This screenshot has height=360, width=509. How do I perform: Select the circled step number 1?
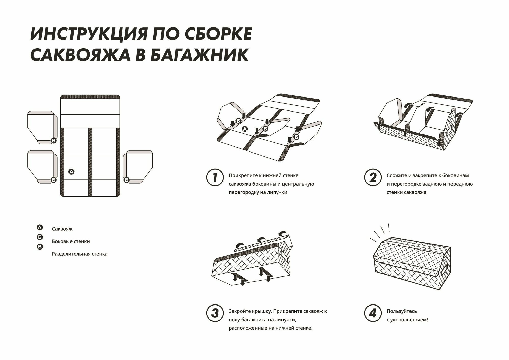[x=215, y=177]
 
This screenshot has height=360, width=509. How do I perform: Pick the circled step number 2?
[x=373, y=177]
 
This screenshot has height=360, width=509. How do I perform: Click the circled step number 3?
[x=215, y=313]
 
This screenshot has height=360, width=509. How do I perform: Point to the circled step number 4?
[x=373, y=313]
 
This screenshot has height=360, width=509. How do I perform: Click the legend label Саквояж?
[x=62, y=229]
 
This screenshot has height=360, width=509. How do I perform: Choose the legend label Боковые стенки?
[x=71, y=241]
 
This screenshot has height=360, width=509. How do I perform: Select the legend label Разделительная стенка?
[x=80, y=254]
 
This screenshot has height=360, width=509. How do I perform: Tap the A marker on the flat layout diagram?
[x=72, y=172]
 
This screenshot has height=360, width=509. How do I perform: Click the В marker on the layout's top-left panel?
[x=54, y=140]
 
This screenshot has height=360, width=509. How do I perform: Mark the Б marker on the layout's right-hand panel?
[x=126, y=180]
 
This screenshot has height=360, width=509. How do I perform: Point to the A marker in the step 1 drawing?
[x=245, y=129]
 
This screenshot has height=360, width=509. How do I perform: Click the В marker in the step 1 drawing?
[x=265, y=129]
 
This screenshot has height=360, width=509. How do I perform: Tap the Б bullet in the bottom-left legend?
[x=40, y=237]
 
